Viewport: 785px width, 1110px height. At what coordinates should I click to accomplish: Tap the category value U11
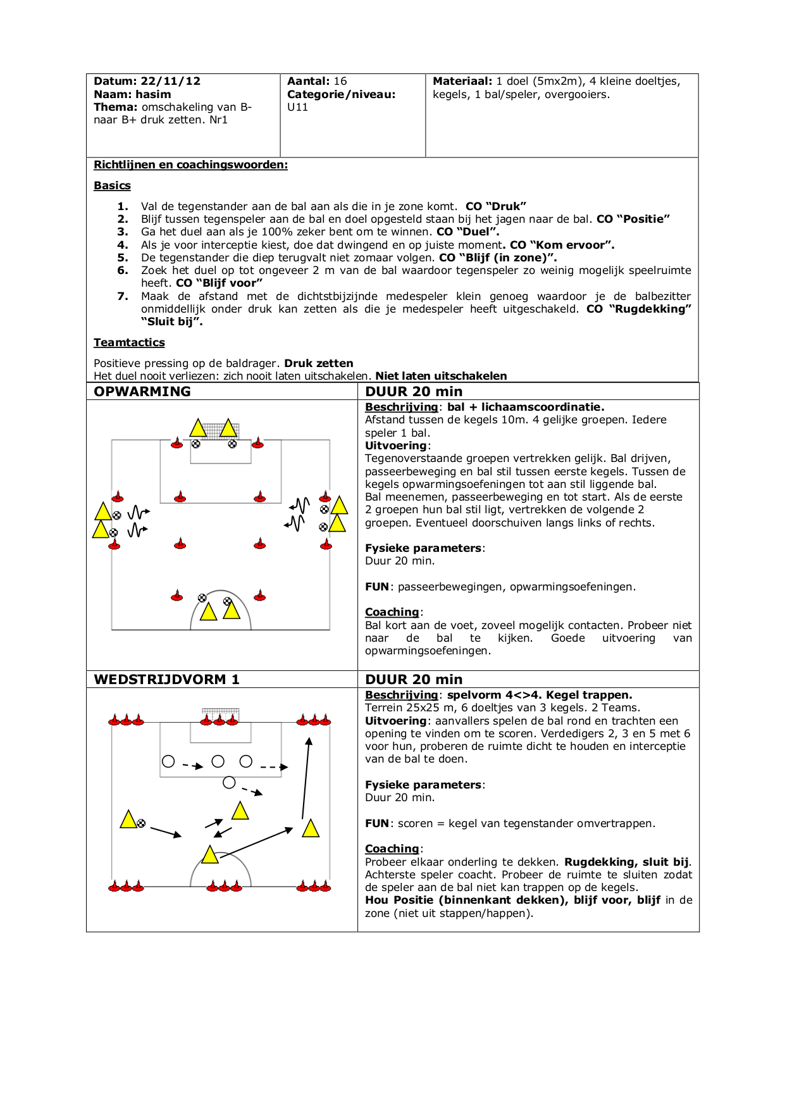(297, 107)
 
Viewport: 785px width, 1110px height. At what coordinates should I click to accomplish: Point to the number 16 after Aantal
(340, 81)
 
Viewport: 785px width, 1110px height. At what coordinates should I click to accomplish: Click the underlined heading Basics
(112, 185)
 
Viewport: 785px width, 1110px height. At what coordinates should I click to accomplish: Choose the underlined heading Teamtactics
(129, 342)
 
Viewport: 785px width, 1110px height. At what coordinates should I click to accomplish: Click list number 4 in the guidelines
(123, 245)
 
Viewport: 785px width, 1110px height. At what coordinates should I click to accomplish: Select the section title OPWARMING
(142, 391)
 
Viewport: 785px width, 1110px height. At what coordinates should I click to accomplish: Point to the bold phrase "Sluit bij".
(172, 321)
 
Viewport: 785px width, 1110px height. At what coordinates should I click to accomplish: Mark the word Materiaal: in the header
(462, 81)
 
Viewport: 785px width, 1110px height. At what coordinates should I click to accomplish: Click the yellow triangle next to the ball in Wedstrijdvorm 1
(128, 820)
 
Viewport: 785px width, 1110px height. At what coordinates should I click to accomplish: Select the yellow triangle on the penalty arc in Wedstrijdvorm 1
(210, 855)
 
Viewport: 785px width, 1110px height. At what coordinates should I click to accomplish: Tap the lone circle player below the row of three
(229, 783)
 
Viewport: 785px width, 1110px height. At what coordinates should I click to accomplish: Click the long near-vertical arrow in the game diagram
(306, 778)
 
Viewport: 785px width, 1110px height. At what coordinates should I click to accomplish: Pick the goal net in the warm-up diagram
(213, 430)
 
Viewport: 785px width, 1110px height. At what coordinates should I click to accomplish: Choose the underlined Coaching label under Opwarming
(392, 612)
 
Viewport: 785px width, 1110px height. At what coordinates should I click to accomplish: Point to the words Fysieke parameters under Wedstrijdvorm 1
(423, 785)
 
